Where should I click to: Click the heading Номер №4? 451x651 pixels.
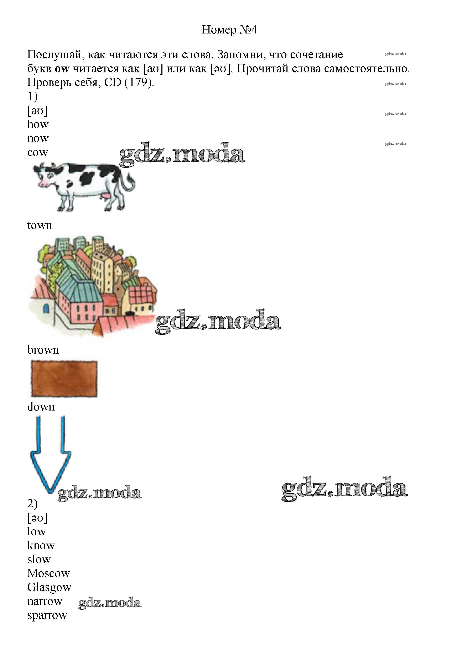pos(229,30)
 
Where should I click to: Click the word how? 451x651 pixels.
pos(38,124)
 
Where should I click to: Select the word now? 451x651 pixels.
pos(38,139)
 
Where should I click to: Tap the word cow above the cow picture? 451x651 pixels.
pos(38,152)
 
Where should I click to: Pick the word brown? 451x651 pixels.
pos(43,350)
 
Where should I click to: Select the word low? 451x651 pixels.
pos(36,531)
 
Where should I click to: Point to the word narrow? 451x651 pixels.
pos(45,602)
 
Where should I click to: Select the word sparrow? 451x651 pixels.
pos(47,615)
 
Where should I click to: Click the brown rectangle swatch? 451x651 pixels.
pos(64,379)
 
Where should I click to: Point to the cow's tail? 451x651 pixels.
pos(129,184)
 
